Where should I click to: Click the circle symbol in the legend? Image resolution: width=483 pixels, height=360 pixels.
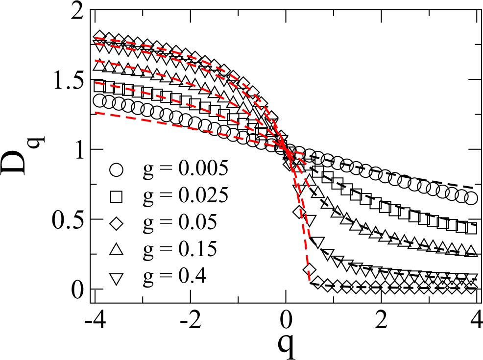point(117,169)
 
